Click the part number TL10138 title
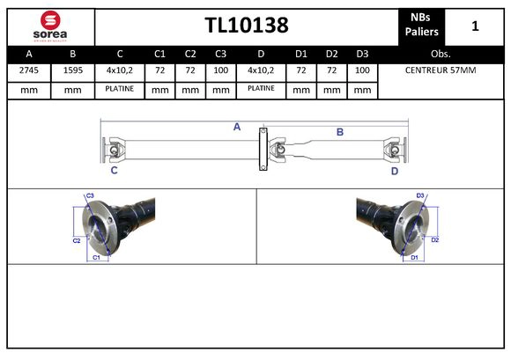[246, 26]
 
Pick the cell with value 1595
[72, 70]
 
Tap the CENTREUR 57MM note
[440, 70]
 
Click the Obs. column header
[440, 54]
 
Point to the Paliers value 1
[475, 26]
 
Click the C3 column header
[220, 54]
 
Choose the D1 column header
[301, 54]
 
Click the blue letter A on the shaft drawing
[236, 127]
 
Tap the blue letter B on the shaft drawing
[339, 132]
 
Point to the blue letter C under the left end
[114, 171]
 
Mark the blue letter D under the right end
[395, 171]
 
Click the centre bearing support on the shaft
[262, 151]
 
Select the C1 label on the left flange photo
[96, 257]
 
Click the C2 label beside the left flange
[77, 239]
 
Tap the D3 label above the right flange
[420, 195]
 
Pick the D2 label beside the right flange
[434, 239]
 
